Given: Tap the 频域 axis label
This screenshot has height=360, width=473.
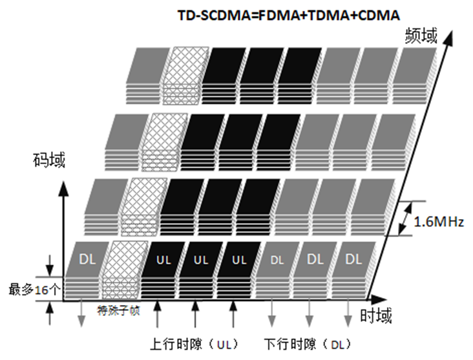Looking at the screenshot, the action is [x=422, y=36].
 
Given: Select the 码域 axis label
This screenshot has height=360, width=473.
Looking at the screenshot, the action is [x=50, y=160].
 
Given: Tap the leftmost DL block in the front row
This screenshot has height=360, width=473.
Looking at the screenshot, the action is [x=89, y=259].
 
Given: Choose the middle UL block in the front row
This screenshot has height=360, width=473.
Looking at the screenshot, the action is [x=202, y=260].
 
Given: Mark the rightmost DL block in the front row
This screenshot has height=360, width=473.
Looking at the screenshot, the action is [x=353, y=259].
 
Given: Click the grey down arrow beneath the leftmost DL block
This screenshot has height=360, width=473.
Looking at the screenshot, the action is [x=81, y=316].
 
